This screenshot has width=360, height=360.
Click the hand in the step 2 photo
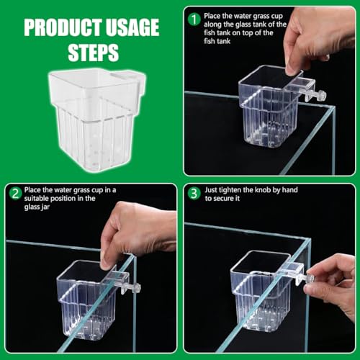coord(133,230)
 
